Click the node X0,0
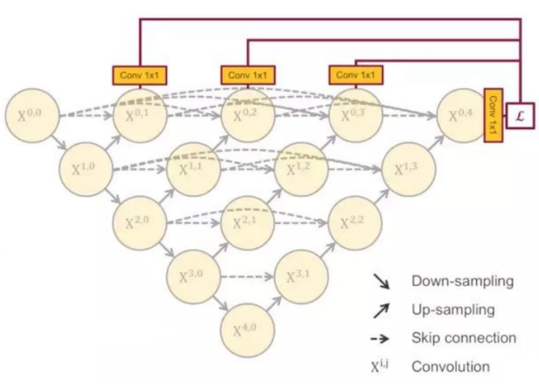click(32, 116)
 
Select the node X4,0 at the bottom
click(247, 330)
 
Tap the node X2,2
click(354, 223)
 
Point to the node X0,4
click(462, 116)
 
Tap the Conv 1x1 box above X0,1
click(139, 75)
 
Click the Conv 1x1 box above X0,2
click(248, 75)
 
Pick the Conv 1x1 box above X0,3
click(355, 75)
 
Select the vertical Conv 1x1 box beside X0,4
click(493, 115)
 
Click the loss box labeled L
click(520, 115)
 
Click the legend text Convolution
click(450, 366)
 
